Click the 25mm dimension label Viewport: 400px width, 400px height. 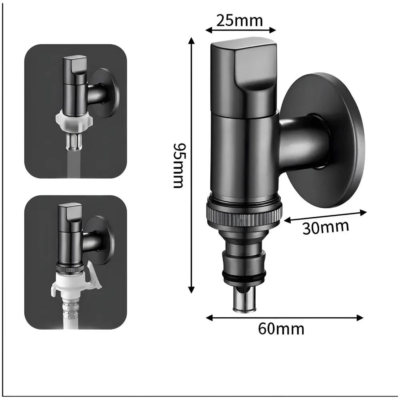(x=240, y=20)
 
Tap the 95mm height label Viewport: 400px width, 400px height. (x=178, y=165)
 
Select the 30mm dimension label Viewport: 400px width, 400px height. (x=325, y=227)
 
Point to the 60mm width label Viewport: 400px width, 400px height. (x=281, y=329)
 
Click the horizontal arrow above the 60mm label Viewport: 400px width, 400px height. (x=284, y=318)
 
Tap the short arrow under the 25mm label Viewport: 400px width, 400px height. (x=241, y=30)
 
